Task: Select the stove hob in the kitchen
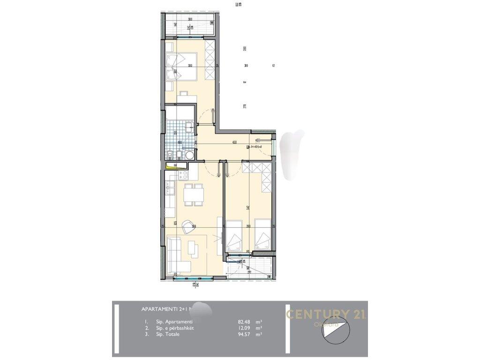click(182, 175)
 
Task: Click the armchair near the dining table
click(190, 227)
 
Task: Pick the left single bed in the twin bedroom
click(234, 238)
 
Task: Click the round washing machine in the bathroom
click(189, 155)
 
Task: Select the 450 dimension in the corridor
click(234, 142)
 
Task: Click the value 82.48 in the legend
click(245, 322)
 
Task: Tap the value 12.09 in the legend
click(245, 328)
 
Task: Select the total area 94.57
click(245, 335)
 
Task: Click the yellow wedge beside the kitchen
click(172, 165)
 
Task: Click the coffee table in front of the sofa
click(193, 248)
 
